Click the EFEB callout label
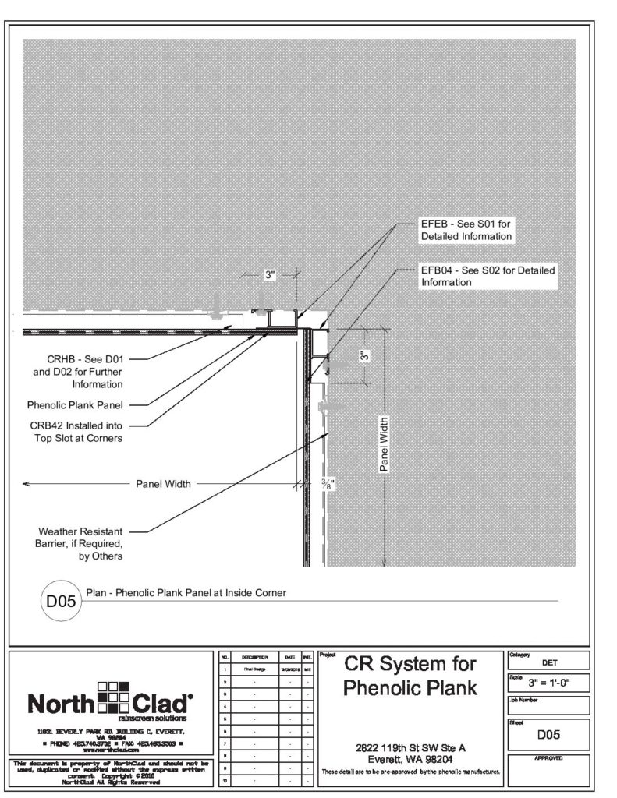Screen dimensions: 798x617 (x=466, y=229)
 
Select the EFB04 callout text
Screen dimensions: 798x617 (x=488, y=277)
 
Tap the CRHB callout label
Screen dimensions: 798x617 (x=87, y=371)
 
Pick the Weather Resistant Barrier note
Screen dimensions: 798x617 (x=81, y=543)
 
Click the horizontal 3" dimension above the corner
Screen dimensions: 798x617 (x=270, y=275)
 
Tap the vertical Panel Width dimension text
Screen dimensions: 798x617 (x=384, y=444)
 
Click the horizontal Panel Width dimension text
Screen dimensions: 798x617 (x=163, y=484)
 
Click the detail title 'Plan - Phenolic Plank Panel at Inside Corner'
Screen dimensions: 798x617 (x=186, y=593)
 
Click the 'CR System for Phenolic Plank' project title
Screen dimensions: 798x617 (x=410, y=676)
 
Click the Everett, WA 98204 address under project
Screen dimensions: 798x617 (x=410, y=758)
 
